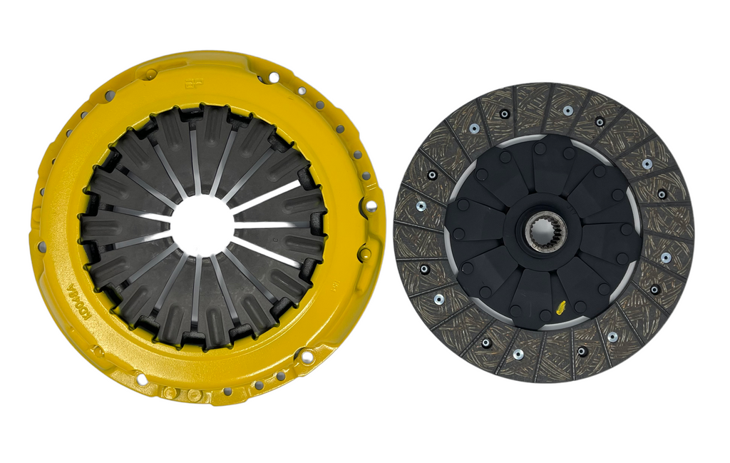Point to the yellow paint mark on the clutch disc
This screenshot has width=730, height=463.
click(x=560, y=308)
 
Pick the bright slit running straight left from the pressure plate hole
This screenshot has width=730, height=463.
click(x=135, y=225)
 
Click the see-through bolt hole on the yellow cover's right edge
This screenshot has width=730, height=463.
click(x=371, y=206)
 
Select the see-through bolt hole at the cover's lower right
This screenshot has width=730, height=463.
click(x=307, y=355)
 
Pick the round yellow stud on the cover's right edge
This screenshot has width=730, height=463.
click(x=366, y=253)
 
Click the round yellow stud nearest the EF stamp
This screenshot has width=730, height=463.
click(x=150, y=73)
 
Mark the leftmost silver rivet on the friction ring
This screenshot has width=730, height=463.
click(x=421, y=205)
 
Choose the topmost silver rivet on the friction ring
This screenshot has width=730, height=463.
click(x=567, y=111)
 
